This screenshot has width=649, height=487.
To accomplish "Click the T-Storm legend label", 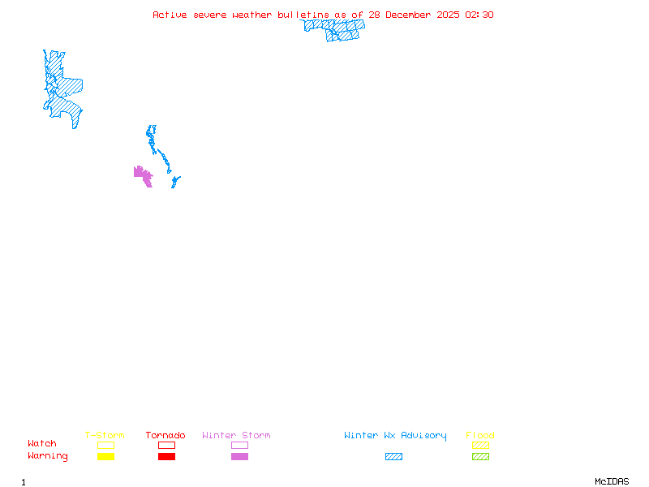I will pos(105,436).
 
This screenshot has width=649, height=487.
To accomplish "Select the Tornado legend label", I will pos(165,436).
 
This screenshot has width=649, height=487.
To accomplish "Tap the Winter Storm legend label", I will pos(236,436).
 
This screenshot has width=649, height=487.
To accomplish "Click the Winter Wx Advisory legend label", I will pos(395,436).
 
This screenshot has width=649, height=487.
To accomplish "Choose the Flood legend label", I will pos(480,436).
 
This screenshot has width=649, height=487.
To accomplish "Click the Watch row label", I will pos(42,444).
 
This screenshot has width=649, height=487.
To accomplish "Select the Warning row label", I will pos(48,456).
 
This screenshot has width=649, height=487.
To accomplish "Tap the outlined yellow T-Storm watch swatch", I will pos(105,445).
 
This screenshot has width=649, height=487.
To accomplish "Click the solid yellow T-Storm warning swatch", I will pos(105,457).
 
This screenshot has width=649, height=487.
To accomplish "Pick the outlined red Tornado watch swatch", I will pos(166,445).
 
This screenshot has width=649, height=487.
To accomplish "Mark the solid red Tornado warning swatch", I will pos(166,457).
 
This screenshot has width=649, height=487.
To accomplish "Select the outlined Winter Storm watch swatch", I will pos(239,445).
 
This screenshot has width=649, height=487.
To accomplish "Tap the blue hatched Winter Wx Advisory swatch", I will pos(393,457).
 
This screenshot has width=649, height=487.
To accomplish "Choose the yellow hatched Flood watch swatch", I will pos(480,445).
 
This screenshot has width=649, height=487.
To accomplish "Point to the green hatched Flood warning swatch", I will pos(480,457).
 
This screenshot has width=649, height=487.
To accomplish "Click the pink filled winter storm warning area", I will pos(143,175).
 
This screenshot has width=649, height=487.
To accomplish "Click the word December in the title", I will pos(412,15).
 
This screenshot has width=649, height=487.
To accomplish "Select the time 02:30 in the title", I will pos(479,15).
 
